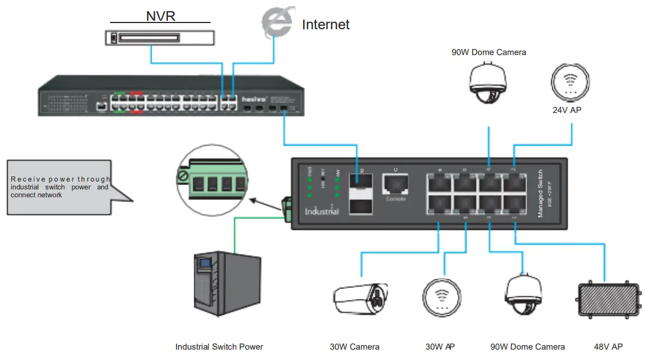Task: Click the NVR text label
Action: (x=161, y=15)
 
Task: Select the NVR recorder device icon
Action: (x=160, y=38)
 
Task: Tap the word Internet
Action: (x=326, y=25)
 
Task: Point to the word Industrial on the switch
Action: (x=322, y=212)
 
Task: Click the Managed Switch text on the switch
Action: (x=541, y=193)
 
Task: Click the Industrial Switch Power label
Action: (x=219, y=347)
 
